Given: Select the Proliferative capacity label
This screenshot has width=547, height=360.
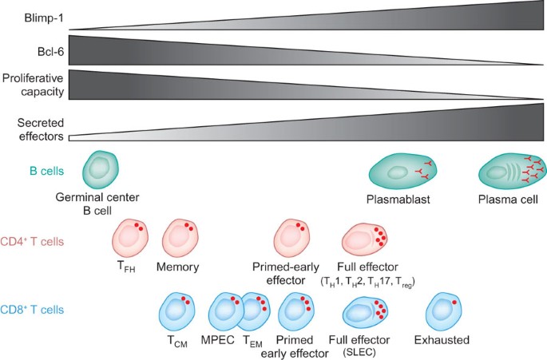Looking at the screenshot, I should pyautogui.click(x=33, y=85).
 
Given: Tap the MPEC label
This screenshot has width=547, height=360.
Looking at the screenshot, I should pyautogui.click(x=216, y=341).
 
